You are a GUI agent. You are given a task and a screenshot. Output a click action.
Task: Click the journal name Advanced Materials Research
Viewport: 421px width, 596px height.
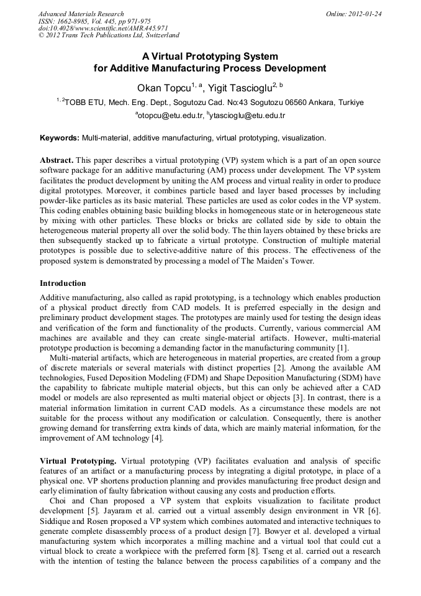pyautogui.click(x=81, y=14)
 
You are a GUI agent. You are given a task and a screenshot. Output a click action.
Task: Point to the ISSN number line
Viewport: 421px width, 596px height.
pyautogui.click(x=94, y=21)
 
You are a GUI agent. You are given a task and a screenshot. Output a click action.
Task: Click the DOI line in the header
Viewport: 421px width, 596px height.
pyautogui.click(x=103, y=29)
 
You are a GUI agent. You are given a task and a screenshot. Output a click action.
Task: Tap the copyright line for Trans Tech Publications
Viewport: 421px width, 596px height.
pyautogui.click(x=109, y=36)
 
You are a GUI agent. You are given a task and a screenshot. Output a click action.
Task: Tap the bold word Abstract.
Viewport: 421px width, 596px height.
pyautogui.click(x=57, y=160)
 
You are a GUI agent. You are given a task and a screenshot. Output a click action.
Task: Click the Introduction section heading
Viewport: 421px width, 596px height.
pyautogui.click(x=63, y=283)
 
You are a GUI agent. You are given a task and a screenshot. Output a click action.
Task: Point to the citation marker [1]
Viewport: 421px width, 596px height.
pyautogui.click(x=343, y=347)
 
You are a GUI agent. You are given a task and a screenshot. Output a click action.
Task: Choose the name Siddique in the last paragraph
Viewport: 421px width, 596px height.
pyautogui.click(x=56, y=520)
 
